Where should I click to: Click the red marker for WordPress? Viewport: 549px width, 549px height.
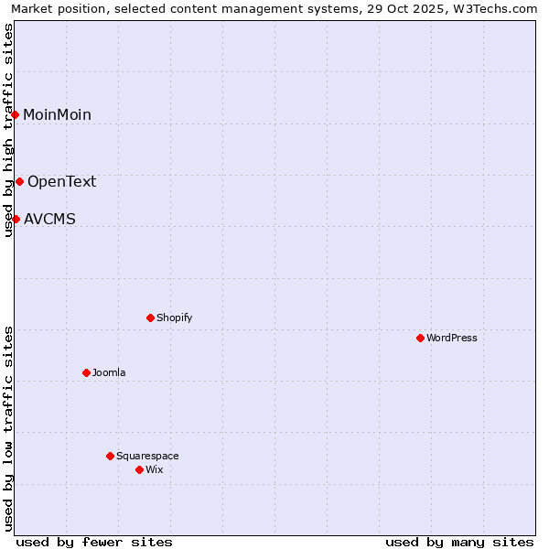pyautogui.click(x=420, y=338)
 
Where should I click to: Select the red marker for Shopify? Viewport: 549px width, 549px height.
pyautogui.click(x=150, y=318)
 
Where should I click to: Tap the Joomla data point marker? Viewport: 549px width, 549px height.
pyautogui.click(x=86, y=372)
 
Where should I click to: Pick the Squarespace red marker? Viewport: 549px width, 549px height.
pyautogui.click(x=110, y=456)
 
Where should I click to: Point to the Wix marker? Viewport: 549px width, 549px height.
pyautogui.click(x=139, y=469)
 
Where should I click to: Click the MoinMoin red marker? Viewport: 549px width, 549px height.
pyautogui.click(x=16, y=114)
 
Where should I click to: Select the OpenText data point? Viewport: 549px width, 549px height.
pyautogui.click(x=19, y=181)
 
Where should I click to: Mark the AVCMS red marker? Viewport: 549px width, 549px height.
pyautogui.click(x=16, y=219)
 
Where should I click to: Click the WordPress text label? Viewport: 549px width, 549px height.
pyautogui.click(x=452, y=338)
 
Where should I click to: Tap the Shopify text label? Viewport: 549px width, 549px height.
pyautogui.click(x=174, y=318)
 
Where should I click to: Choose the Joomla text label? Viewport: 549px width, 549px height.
pyautogui.click(x=109, y=372)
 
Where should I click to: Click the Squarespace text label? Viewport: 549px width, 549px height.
pyautogui.click(x=147, y=456)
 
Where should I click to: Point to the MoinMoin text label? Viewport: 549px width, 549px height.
pyautogui.click(x=57, y=114)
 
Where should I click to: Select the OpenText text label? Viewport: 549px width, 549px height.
pyautogui.click(x=61, y=181)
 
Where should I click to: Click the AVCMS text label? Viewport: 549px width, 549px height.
pyautogui.click(x=49, y=219)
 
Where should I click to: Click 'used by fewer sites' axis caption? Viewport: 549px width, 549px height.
pyautogui.click(x=94, y=542)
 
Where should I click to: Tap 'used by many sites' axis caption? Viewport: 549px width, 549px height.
pyautogui.click(x=459, y=542)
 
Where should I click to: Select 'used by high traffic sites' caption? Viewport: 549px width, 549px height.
pyautogui.click(x=8, y=130)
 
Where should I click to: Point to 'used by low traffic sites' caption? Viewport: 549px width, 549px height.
pyautogui.click(x=8, y=427)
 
